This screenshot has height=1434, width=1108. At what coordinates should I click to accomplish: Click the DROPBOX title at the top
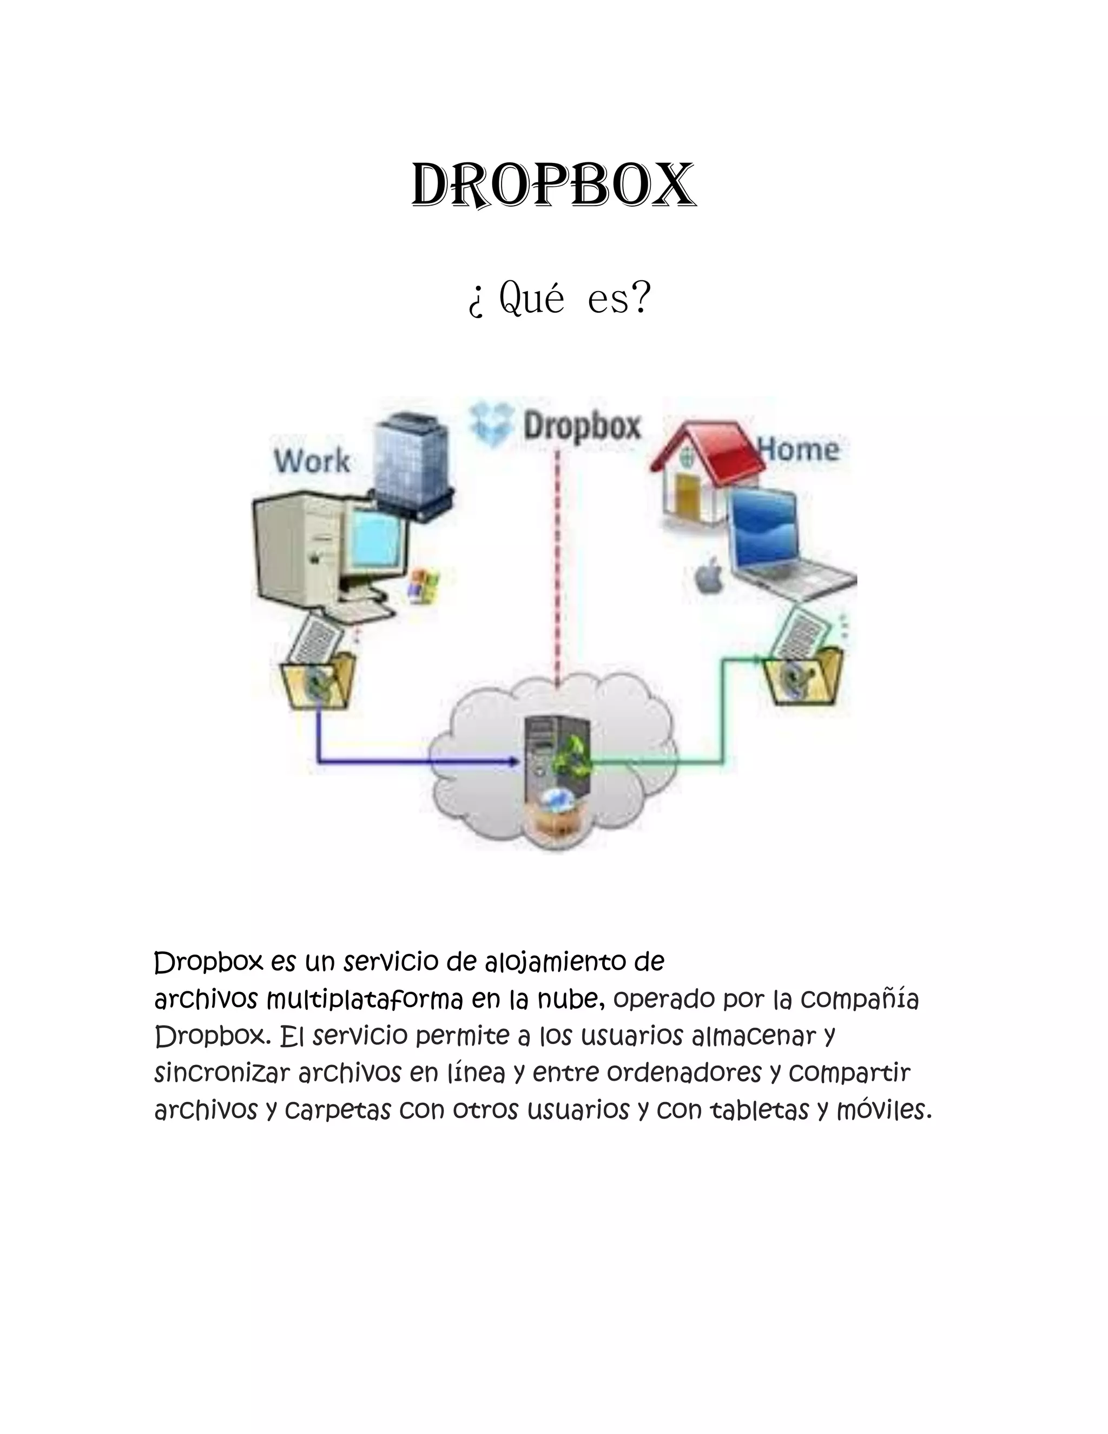553,186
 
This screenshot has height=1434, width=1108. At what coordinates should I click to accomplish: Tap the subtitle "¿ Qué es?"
558,299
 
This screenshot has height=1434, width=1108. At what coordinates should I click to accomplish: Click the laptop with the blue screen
781,545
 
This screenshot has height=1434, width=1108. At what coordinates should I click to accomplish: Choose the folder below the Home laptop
803,676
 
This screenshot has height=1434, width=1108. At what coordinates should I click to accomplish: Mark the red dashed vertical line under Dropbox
557,564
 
